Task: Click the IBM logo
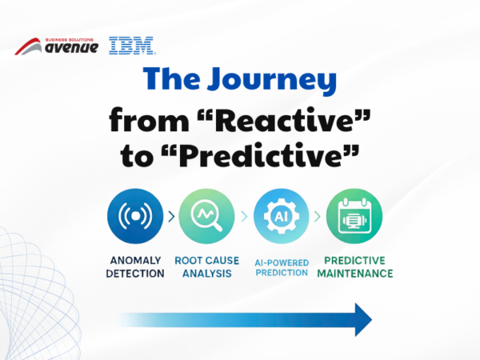point(132,46)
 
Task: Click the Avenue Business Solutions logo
point(58,46)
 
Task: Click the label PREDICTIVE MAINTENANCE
point(358,266)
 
